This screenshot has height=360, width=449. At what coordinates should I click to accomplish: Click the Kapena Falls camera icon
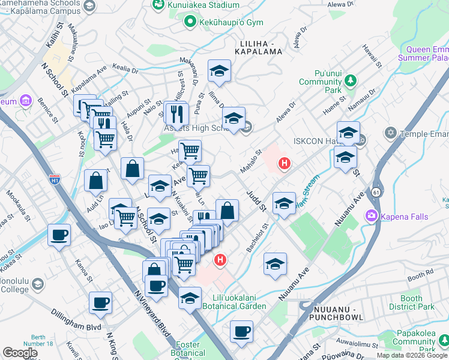click(x=372, y=216)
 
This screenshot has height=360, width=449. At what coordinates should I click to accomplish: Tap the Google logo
click(x=20, y=353)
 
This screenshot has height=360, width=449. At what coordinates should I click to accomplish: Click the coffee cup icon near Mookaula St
click(x=59, y=235)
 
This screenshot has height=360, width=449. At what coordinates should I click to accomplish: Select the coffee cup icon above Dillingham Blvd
click(x=100, y=302)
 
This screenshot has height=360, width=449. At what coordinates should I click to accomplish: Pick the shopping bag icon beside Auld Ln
click(x=95, y=179)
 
